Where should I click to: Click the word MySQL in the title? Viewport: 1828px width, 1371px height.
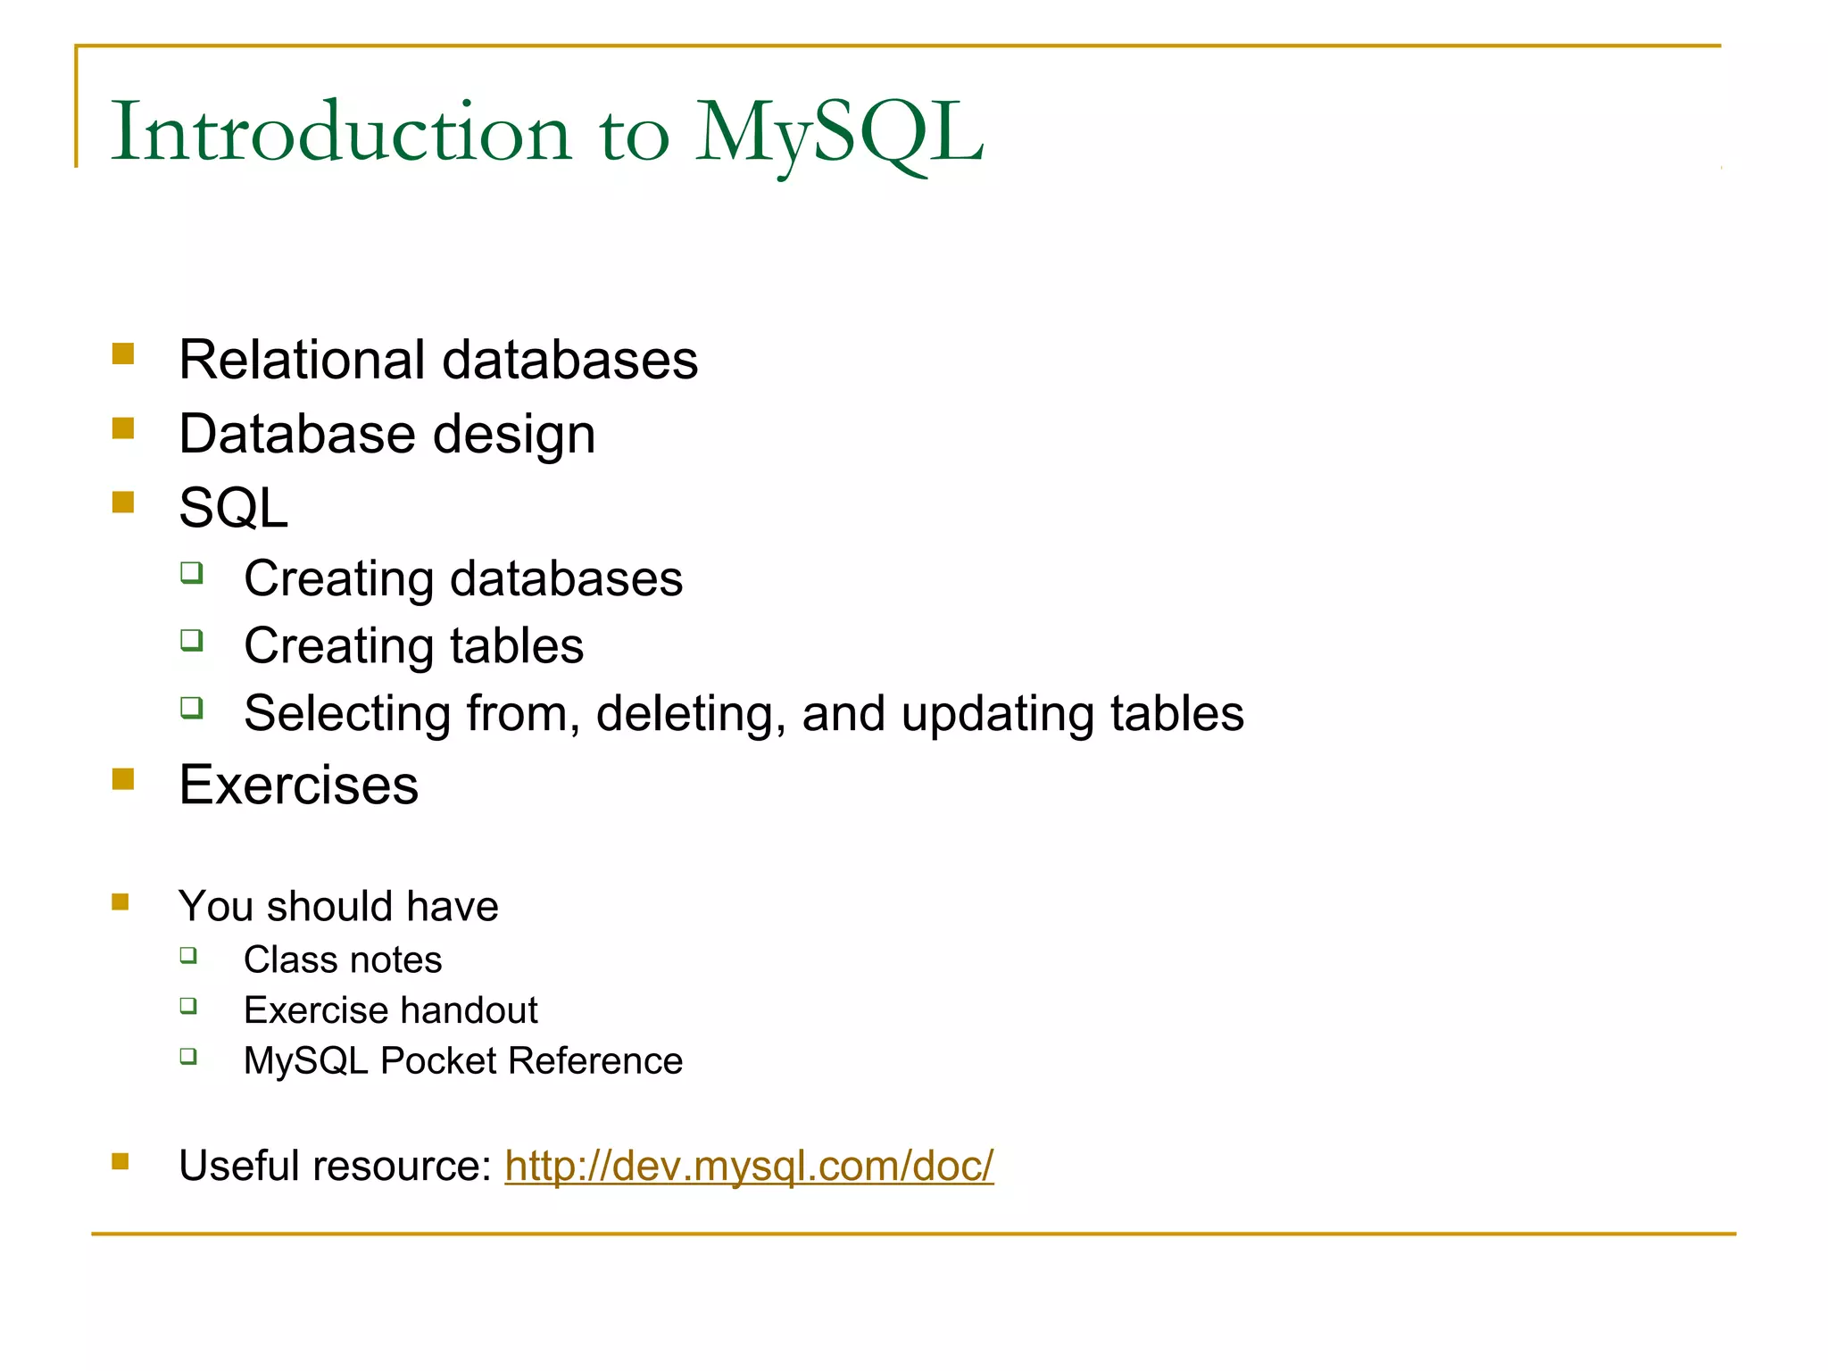[x=839, y=134]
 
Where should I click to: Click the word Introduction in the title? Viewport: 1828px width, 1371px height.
[x=340, y=134]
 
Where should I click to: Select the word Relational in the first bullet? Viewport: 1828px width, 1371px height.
[x=301, y=360]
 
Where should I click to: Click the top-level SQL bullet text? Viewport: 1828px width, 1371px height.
[x=233, y=509]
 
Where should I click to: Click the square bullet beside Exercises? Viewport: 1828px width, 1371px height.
[x=123, y=779]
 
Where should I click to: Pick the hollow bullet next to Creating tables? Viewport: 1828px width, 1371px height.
[x=192, y=640]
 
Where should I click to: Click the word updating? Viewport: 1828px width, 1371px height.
[x=997, y=714]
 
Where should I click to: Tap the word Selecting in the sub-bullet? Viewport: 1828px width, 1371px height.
[x=347, y=714]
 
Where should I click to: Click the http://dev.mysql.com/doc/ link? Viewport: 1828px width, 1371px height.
[x=749, y=1166]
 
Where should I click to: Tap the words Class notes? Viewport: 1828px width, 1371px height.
[x=343, y=960]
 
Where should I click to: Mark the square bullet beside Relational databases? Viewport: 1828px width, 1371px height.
[x=123, y=354]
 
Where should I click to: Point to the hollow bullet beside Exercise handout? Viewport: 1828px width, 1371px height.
[x=188, y=1006]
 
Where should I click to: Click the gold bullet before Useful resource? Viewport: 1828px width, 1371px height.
[x=120, y=1161]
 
